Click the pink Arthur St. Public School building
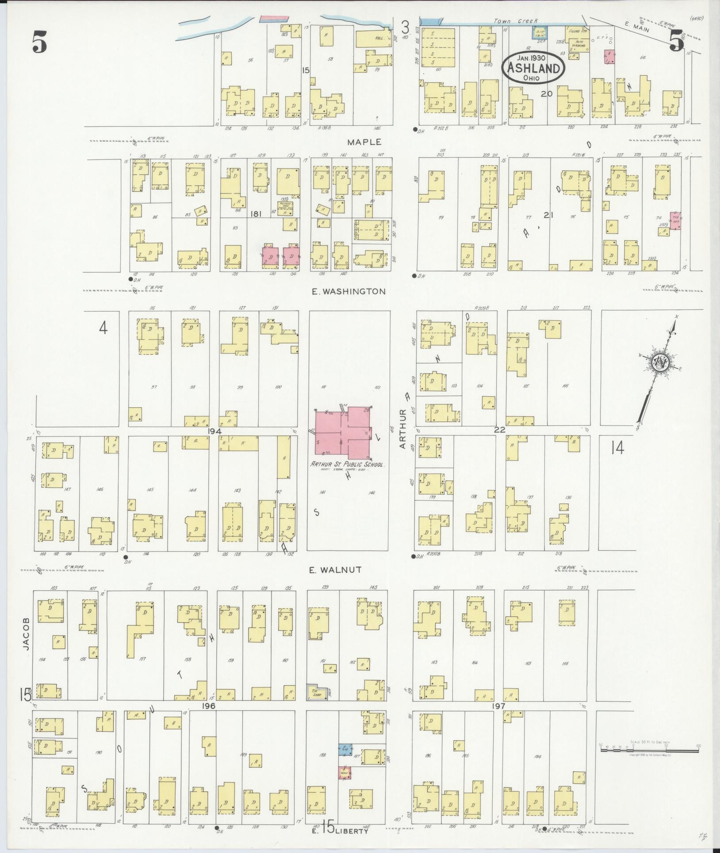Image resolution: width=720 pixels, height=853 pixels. click(343, 434)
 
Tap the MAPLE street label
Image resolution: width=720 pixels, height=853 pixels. click(364, 142)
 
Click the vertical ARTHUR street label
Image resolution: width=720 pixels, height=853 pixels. click(402, 429)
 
